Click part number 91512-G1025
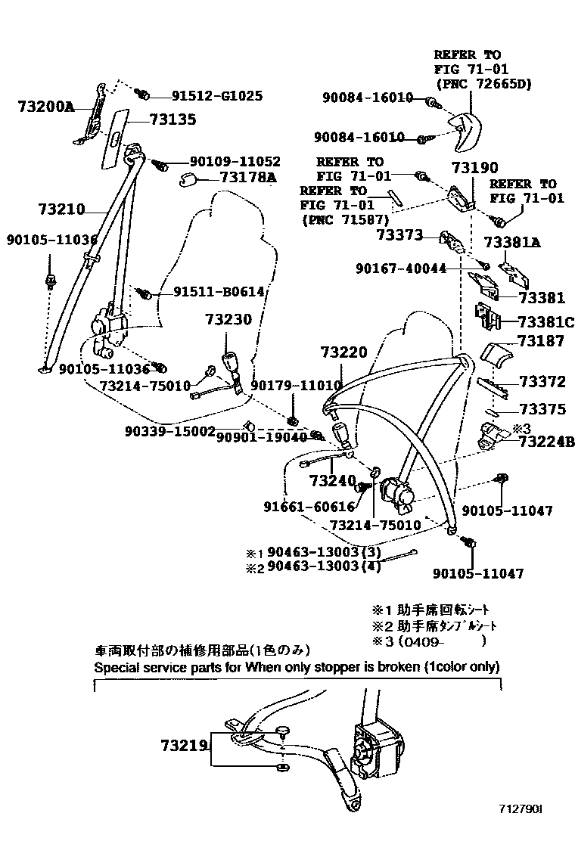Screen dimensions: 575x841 216,96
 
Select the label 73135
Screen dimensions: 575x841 172,119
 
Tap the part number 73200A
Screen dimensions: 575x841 45,107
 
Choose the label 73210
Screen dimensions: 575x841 61,209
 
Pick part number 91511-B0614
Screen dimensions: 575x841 218,292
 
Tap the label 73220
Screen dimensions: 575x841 343,352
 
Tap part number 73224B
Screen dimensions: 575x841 546,442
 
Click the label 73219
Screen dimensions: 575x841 183,746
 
